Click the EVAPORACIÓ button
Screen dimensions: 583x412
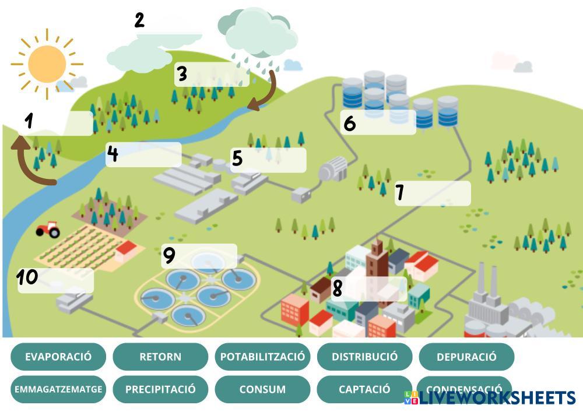[58, 357]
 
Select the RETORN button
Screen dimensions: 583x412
[160, 357]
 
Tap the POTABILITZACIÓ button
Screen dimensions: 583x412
[262, 357]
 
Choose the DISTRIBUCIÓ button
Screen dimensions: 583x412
[364, 357]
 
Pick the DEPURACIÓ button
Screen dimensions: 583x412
[466, 357]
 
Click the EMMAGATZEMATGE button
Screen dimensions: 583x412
[58, 389]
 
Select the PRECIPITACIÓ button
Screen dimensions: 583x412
[160, 389]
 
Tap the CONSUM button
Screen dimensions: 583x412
[262, 389]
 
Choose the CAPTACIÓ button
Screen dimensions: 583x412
[364, 389]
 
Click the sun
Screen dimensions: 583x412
[47, 64]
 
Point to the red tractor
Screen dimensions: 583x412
[48, 229]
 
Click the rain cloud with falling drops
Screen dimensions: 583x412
[257, 35]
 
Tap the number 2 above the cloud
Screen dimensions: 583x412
[139, 20]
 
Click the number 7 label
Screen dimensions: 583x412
[400, 192]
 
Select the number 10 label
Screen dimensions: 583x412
[27, 277]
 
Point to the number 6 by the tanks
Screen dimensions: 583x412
[349, 124]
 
